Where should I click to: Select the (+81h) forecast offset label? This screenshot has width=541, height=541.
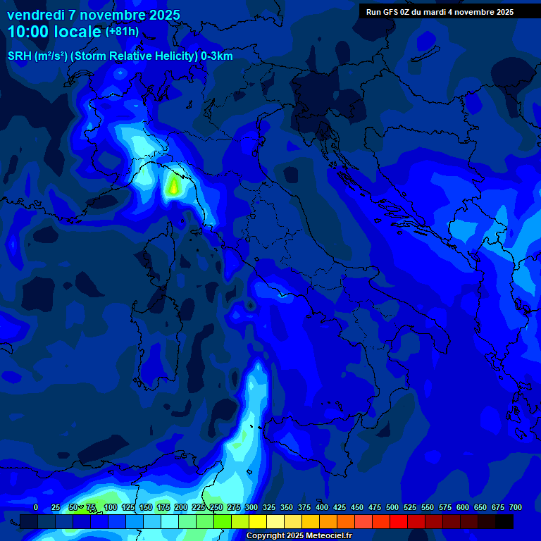pos(122,32)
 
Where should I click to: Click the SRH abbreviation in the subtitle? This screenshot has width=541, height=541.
pos(19,56)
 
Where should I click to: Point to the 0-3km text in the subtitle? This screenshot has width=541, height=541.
pos(216,56)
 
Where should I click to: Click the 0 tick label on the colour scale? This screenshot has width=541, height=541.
pos(36,508)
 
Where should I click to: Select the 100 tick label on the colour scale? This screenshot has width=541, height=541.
pos(110,508)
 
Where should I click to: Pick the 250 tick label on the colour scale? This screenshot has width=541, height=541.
pos(216,508)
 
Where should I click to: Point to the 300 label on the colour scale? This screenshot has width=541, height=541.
pos(251,508)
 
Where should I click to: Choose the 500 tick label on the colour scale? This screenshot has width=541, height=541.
pos(392,508)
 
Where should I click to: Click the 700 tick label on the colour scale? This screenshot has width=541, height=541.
pos(516,508)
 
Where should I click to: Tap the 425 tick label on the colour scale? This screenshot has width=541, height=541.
pos(340,508)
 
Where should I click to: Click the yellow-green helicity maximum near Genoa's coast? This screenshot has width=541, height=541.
pos(173,187)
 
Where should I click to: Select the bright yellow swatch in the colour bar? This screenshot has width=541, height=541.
pos(258,521)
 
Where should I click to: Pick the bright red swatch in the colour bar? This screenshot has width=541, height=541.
pos(399,521)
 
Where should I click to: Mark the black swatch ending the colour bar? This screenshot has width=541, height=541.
pos(504,521)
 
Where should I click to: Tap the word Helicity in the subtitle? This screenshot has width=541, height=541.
pos(173,56)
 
